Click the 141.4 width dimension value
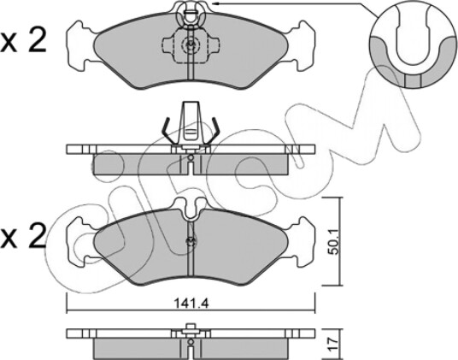(x=191, y=303)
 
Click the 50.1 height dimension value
(x=332, y=242)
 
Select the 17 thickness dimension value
(x=333, y=345)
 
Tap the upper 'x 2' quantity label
(x=23, y=41)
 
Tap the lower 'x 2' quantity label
(x=23, y=235)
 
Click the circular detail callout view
(x=413, y=44)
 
